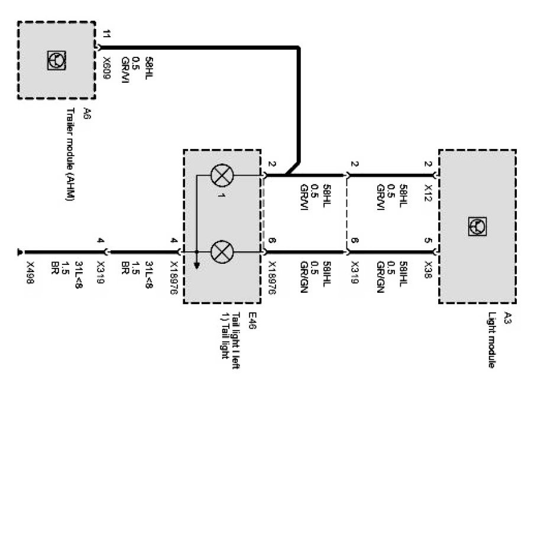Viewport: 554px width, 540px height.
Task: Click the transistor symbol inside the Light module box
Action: pos(477,225)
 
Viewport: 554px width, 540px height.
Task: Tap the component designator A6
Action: pos(86,112)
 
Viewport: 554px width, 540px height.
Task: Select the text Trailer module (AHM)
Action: pos(70,155)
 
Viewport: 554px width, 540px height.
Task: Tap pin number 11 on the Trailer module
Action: pos(106,34)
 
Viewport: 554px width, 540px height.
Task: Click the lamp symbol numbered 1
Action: pos(222,175)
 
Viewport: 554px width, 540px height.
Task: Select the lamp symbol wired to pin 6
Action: pos(222,252)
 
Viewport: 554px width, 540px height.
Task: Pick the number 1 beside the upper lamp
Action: pos(219,195)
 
